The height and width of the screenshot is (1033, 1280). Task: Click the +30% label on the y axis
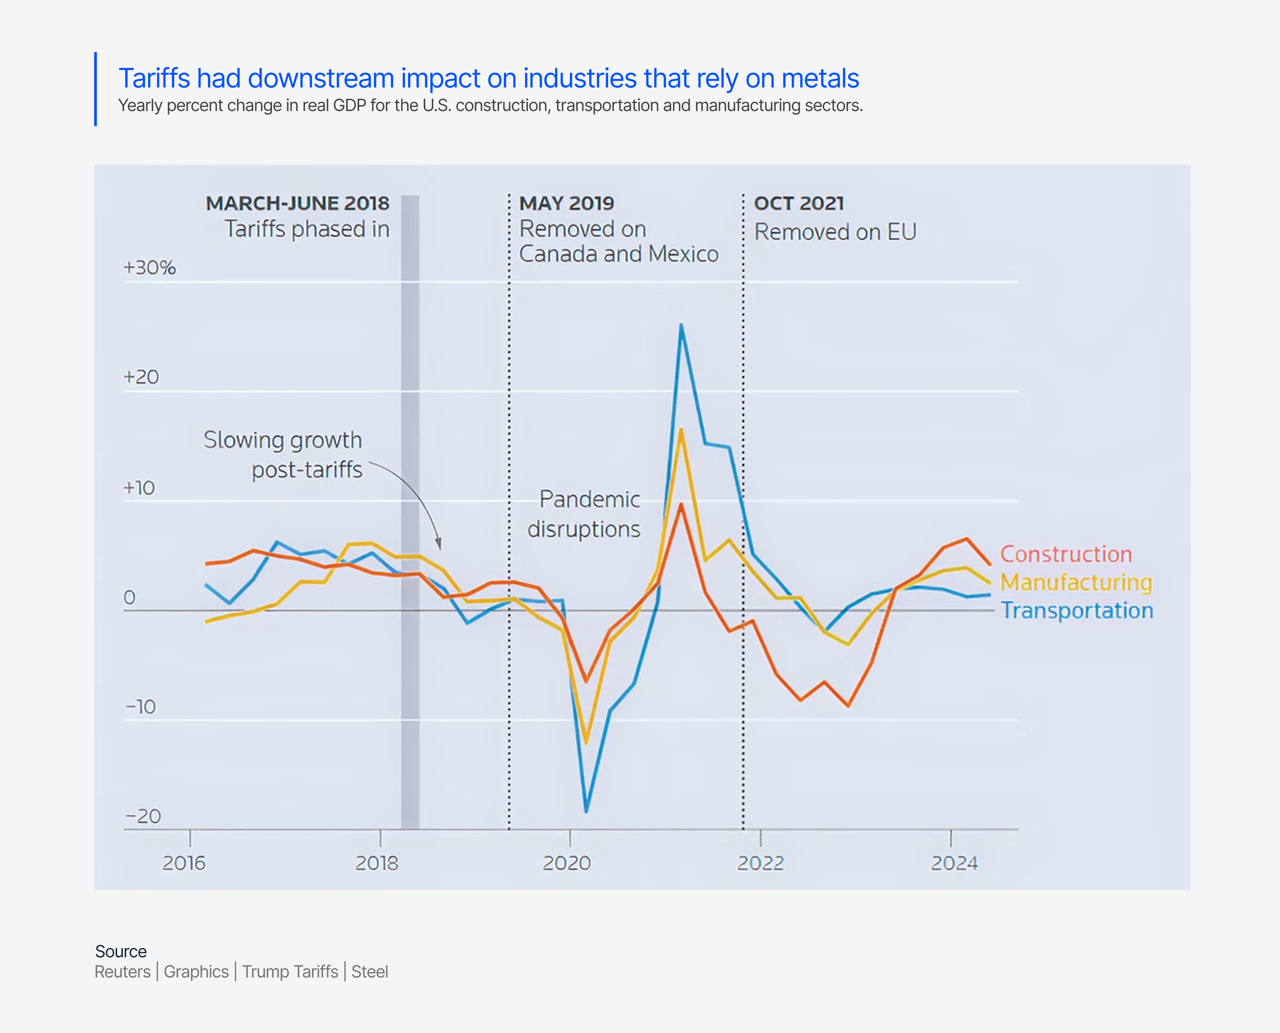pos(149,268)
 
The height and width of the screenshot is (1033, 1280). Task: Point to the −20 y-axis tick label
pos(143,816)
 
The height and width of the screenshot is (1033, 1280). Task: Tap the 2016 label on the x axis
pos(184,863)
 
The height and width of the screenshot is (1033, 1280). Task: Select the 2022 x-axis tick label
pos(760,863)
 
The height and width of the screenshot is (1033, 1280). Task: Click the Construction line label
pos(1065,554)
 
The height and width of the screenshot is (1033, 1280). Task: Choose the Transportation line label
pos(1076,611)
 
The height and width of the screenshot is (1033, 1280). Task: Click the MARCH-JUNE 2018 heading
pos(297,204)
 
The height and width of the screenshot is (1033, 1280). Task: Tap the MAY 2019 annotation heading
pos(566,204)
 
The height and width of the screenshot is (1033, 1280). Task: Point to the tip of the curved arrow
pos(439,548)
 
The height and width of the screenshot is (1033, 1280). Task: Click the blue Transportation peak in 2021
pos(681,325)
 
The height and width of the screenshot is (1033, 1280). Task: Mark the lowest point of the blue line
pos(586,811)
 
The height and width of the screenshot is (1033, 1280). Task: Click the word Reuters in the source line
pos(122,972)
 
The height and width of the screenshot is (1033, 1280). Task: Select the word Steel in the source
pos(369,972)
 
